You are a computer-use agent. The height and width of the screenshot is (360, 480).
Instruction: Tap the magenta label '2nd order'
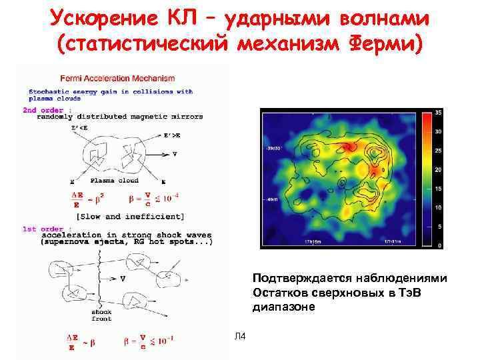pyautogui.click(x=43, y=109)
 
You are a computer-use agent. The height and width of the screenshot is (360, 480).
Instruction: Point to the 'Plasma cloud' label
pyautogui.click(x=115, y=181)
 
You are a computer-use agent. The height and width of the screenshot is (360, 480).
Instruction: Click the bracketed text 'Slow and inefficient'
pyautogui.click(x=130, y=216)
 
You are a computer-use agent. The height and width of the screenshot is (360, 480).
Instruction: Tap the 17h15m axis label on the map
pyautogui.click(x=314, y=240)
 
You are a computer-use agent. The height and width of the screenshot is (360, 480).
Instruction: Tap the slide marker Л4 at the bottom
pyautogui.click(x=240, y=335)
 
